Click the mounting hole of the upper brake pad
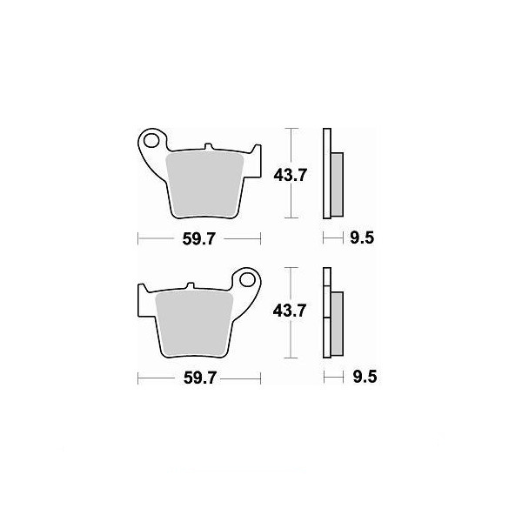(x=151, y=140)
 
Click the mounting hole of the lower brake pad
(x=247, y=279)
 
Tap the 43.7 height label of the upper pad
(x=290, y=175)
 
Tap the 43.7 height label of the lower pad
(x=289, y=311)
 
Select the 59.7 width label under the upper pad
(x=199, y=239)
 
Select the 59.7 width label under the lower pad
(x=200, y=378)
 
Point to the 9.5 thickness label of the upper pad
(x=362, y=238)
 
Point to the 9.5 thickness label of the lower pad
(x=365, y=378)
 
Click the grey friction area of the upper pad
(x=204, y=184)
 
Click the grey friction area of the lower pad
(x=194, y=324)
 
